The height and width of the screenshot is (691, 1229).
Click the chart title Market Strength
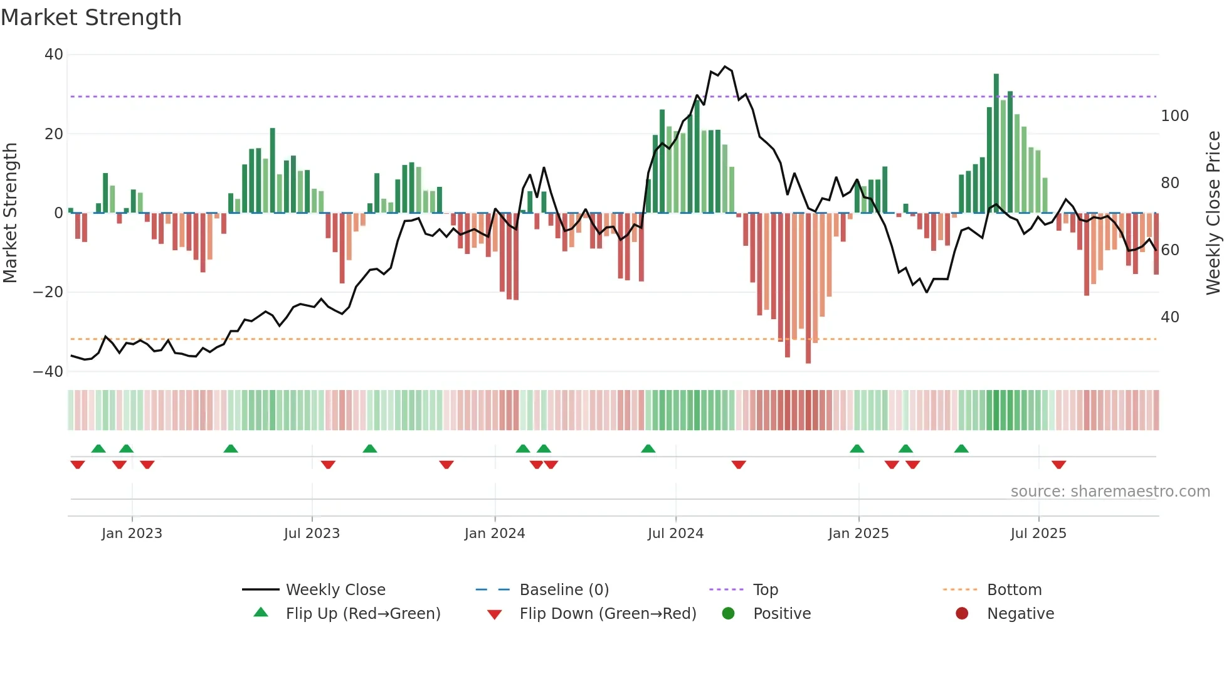tap(91, 18)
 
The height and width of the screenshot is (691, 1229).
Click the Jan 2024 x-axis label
tap(494, 534)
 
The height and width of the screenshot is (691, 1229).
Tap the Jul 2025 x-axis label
tap(1038, 534)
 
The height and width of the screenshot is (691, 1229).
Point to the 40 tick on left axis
tap(54, 55)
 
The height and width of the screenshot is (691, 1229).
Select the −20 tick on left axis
tap(48, 292)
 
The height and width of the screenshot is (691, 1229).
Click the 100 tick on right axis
tap(1174, 116)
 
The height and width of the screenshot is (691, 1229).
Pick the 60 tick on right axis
tap(1170, 250)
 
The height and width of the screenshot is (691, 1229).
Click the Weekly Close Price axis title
tap(1213, 213)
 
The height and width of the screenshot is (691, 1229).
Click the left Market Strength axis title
tap(10, 213)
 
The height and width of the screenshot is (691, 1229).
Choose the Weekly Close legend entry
tap(335, 590)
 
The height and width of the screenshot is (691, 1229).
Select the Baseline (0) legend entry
tap(564, 590)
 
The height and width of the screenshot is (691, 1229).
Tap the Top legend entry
tap(765, 590)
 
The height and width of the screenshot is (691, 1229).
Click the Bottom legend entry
tap(1014, 590)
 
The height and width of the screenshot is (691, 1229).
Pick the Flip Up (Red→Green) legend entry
tap(362, 614)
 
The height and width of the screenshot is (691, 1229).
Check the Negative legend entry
tap(1020, 614)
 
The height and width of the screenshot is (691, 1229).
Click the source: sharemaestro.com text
tap(1110, 492)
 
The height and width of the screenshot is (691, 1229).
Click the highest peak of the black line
tap(725, 66)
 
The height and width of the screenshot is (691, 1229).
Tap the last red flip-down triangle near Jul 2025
tap(1058, 465)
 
